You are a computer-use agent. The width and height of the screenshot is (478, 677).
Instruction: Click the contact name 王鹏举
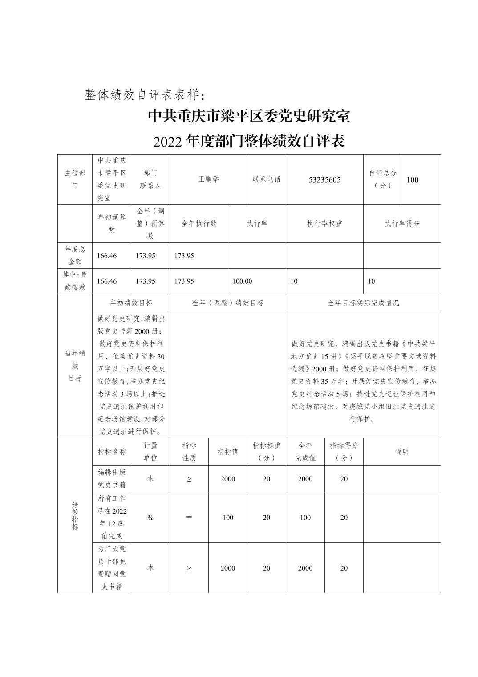(x=208, y=179)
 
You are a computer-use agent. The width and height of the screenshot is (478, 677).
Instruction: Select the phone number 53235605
(x=324, y=180)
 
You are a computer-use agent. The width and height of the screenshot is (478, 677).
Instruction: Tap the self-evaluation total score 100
(x=413, y=180)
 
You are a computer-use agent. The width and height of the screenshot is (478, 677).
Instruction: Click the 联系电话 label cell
(x=266, y=179)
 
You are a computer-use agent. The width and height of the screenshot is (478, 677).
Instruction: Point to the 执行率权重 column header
(x=324, y=224)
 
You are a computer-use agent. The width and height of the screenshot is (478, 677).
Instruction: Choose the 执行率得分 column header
(x=402, y=224)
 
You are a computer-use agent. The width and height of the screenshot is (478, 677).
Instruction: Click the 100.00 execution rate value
(x=242, y=281)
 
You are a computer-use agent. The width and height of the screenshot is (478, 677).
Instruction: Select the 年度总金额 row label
(x=75, y=255)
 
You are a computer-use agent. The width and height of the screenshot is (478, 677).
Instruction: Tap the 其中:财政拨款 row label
(x=75, y=281)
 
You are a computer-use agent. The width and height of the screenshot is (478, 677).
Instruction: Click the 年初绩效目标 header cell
(x=131, y=303)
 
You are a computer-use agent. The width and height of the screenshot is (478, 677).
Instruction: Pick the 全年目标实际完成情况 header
(x=363, y=303)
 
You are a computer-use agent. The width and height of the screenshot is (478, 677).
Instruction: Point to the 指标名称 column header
(x=112, y=452)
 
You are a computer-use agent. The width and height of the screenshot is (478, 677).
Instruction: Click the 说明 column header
(x=402, y=452)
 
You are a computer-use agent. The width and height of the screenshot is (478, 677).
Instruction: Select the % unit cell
(x=150, y=518)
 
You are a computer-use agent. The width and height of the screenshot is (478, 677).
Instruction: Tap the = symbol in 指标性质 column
(x=189, y=518)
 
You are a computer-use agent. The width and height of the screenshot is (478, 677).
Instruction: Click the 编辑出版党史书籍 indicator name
(x=112, y=479)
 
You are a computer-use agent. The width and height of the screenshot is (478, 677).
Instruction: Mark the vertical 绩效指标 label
(x=75, y=515)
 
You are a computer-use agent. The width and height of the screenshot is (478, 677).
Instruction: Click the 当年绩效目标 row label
(x=75, y=366)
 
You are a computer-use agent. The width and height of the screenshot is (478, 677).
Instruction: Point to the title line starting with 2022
(x=249, y=142)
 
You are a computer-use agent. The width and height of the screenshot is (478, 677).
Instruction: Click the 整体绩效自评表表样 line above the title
(x=145, y=94)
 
